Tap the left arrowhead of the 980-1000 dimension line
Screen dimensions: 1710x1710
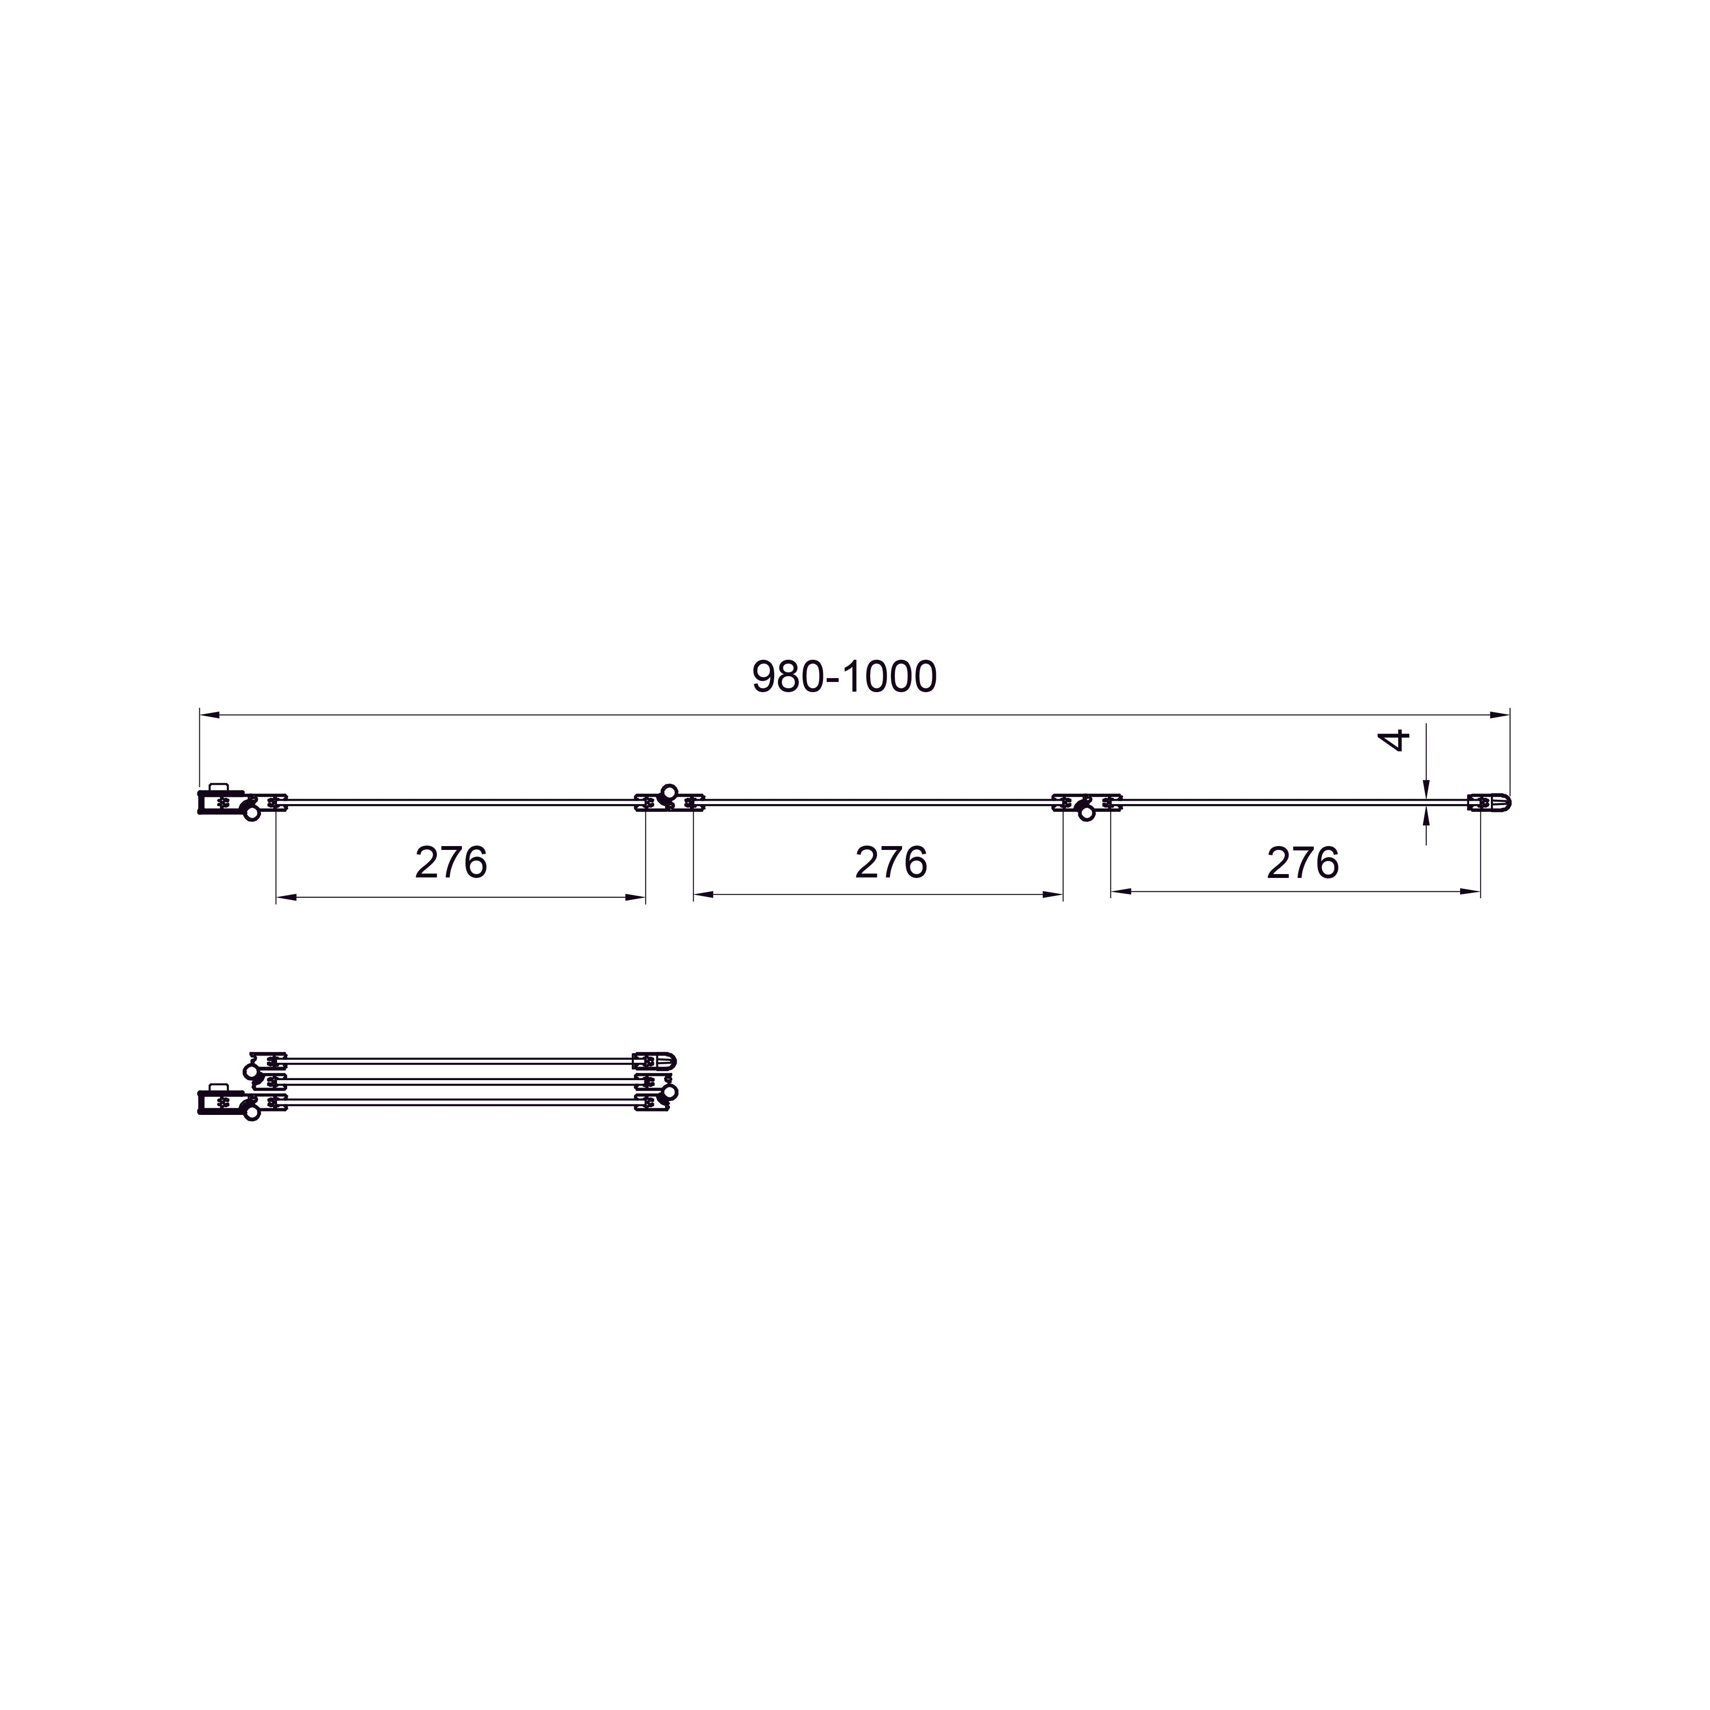[x=209, y=714]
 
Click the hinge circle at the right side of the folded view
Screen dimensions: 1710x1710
[x=670, y=1092]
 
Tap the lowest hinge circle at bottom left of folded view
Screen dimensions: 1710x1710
[x=252, y=1113]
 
